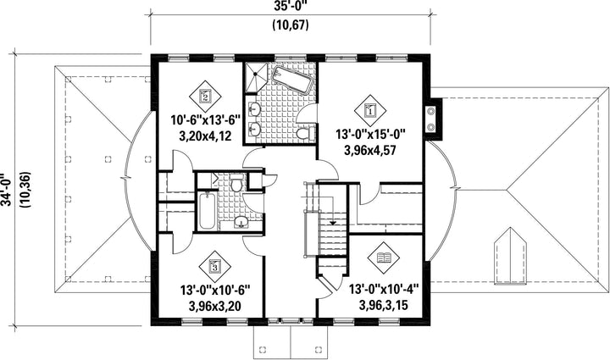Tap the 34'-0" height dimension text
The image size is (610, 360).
5,190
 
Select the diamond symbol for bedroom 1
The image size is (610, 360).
370,110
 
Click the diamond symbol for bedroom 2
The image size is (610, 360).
205,96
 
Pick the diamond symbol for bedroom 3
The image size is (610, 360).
214,266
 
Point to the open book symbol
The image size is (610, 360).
384,258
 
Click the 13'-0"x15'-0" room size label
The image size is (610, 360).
370,135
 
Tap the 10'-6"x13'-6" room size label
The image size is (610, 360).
206,119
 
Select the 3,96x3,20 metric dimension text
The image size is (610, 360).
214,306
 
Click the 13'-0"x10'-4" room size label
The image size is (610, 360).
383,289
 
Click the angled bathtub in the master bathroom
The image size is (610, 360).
292,80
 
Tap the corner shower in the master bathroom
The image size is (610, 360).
256,76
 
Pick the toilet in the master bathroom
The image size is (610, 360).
305,134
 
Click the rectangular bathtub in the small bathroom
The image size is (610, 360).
207,212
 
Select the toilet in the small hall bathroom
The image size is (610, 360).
236,184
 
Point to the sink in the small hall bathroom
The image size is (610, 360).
242,222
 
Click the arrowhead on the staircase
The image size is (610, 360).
333,223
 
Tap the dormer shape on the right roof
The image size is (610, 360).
510,258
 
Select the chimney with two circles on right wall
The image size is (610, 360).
434,119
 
